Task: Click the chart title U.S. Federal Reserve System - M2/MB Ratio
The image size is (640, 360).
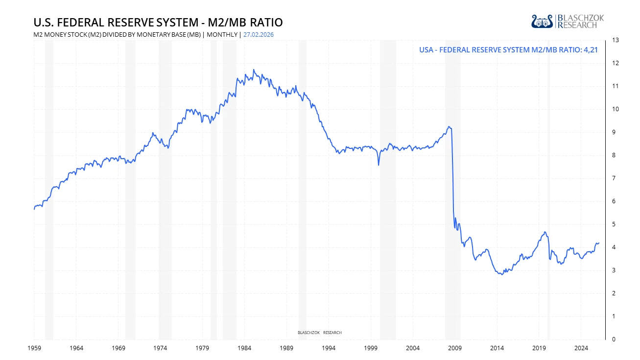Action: click(158, 23)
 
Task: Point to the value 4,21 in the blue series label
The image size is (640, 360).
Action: click(591, 49)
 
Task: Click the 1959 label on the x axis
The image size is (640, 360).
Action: click(34, 348)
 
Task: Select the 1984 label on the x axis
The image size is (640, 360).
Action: click(244, 348)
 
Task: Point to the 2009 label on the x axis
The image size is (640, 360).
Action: click(455, 348)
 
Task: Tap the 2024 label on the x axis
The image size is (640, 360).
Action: click(581, 348)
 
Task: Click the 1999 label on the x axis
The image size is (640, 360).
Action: click(371, 348)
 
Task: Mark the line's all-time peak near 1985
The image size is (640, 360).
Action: click(253, 70)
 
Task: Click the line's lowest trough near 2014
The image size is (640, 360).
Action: click(502, 274)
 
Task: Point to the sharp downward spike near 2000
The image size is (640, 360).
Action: click(379, 165)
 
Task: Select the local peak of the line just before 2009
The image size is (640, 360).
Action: click(449, 126)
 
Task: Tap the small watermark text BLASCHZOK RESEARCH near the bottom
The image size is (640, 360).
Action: click(320, 333)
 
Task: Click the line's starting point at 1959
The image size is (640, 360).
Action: click(34, 209)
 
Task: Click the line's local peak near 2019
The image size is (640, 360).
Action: click(545, 232)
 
